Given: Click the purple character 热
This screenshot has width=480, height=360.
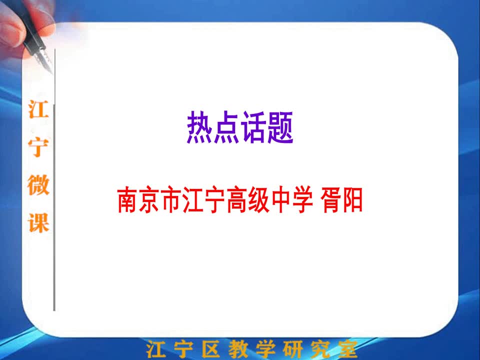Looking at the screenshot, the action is (x=199, y=127).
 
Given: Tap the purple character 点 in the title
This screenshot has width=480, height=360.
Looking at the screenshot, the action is (x=226, y=127).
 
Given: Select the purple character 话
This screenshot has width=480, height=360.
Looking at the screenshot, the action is (x=253, y=127).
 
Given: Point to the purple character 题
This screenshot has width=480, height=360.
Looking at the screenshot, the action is (x=280, y=127).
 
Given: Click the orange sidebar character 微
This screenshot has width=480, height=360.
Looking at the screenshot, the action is (x=38, y=184).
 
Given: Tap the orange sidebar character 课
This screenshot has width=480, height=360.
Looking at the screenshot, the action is (x=38, y=222).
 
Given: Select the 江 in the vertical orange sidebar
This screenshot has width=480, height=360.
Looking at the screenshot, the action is (x=38, y=109).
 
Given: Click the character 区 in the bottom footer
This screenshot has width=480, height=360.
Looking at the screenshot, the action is (x=211, y=349).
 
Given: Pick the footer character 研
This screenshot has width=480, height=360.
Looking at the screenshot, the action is (x=292, y=349).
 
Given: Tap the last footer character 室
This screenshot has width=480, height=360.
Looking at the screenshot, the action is (x=347, y=349).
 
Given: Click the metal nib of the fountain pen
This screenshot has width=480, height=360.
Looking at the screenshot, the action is (x=44, y=60).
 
